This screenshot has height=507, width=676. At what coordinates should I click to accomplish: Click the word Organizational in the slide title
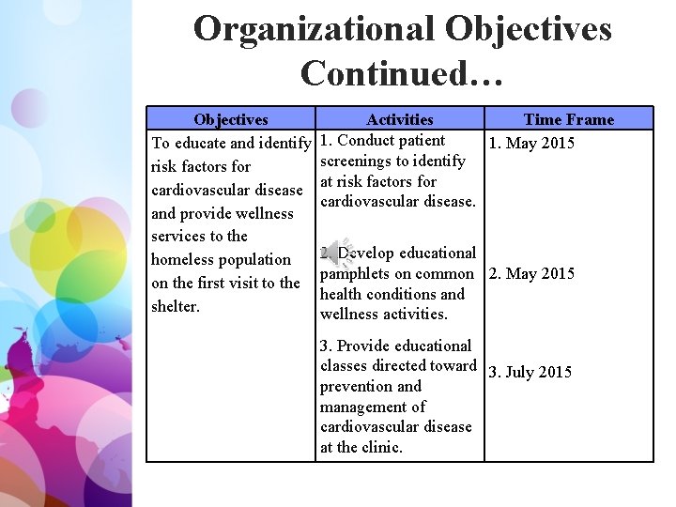coord(314,29)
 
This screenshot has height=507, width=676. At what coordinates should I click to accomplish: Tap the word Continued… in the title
coord(402,72)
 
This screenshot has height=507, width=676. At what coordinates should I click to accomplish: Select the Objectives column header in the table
coord(230,119)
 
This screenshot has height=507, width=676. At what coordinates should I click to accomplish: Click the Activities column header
coord(400,119)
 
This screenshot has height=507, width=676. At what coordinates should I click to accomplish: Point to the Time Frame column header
coord(568,119)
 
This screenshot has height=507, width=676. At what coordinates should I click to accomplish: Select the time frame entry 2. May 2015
coord(530,274)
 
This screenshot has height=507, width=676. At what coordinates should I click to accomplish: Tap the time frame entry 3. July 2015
coord(530,372)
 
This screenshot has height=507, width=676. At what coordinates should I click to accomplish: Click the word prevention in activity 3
coord(357,386)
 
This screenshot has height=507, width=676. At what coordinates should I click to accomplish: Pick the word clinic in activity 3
coord(382,447)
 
